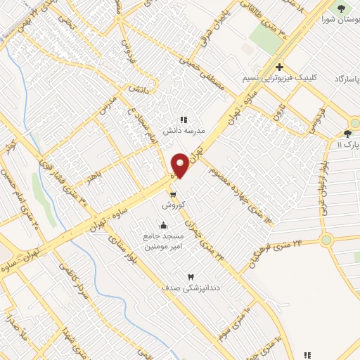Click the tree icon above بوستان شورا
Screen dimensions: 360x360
click(342, 8)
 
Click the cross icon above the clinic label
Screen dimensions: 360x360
click(279, 67)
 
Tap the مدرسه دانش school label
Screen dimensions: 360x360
click(184, 131)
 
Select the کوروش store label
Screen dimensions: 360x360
click(173, 205)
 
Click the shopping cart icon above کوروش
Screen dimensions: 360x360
click(173, 195)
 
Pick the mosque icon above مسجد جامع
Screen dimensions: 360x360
click(164, 225)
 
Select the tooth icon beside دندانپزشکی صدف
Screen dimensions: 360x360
click(190, 277)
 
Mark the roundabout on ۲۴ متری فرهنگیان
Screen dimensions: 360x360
click(326, 240)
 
